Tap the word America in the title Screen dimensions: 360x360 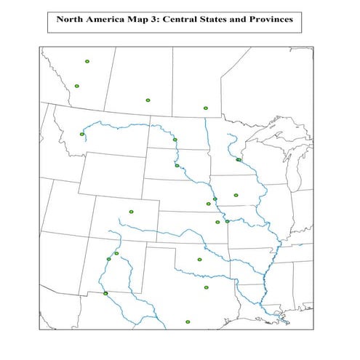(108, 20)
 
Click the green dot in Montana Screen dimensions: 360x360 (82, 134)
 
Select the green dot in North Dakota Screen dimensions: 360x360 (175, 140)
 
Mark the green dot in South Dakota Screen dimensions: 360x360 (177, 166)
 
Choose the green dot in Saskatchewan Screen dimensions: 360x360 (148, 99)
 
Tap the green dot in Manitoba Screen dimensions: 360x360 (206, 108)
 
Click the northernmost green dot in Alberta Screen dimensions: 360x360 (87, 62)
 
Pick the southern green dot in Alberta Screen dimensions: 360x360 (76, 87)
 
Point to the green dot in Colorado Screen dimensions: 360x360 (132, 212)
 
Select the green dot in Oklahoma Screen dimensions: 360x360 (199, 259)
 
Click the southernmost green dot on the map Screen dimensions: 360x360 (188, 321)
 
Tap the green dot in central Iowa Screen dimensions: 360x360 (236, 195)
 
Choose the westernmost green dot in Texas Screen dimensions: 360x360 (105, 293)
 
